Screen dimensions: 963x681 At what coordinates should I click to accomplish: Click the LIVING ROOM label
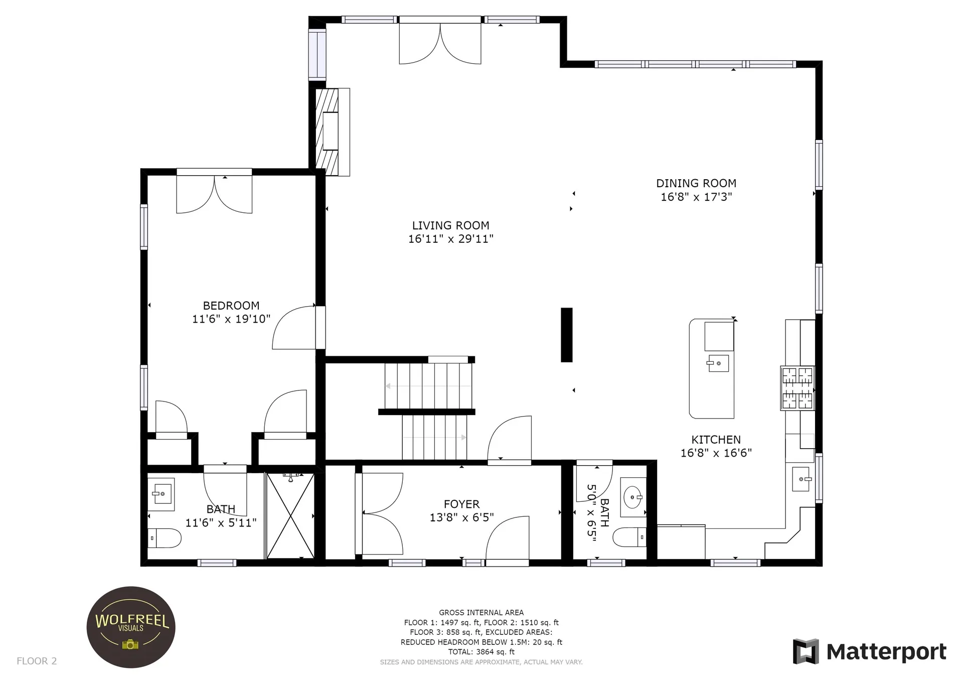[x=450, y=226]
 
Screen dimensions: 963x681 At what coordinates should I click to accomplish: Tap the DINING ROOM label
[x=696, y=184]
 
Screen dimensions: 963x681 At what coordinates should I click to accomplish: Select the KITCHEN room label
[x=716, y=440]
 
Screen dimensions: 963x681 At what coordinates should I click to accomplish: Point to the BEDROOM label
[x=231, y=306]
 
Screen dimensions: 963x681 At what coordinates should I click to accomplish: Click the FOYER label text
[x=461, y=504]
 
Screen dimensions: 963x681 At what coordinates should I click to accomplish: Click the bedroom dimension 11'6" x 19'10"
[x=231, y=319]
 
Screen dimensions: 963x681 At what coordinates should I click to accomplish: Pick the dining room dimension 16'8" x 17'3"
[x=696, y=197]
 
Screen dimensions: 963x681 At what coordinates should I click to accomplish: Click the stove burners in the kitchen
[x=797, y=388]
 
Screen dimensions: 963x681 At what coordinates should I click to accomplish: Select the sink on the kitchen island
[x=718, y=362]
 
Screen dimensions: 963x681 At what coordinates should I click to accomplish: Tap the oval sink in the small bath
[x=633, y=497]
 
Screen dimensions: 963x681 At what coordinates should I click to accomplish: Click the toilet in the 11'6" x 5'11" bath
[x=165, y=538]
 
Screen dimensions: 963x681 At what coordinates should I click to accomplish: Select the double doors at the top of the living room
[x=440, y=43]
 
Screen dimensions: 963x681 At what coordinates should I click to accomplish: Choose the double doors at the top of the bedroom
[x=214, y=194]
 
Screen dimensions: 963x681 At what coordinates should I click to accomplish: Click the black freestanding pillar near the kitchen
[x=566, y=335]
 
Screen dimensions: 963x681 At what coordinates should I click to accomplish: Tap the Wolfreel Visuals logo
[x=131, y=627]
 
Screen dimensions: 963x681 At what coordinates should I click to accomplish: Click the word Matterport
[x=886, y=652]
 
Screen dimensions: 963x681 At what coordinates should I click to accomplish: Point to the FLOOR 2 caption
[x=37, y=661]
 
